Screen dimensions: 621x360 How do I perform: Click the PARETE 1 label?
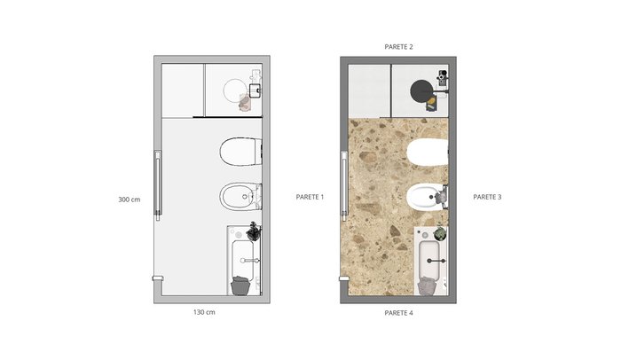point(310,197)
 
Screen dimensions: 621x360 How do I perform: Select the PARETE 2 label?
point(398,47)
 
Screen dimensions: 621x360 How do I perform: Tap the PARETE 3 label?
point(487,197)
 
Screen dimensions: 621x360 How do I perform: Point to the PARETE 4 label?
point(398,313)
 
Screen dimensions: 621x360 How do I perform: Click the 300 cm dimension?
point(130,200)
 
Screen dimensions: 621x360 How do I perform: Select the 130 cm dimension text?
point(204,312)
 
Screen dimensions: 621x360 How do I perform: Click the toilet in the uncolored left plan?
point(240,152)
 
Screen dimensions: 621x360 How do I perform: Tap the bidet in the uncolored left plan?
point(240,197)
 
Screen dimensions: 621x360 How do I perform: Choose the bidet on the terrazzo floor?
point(428,197)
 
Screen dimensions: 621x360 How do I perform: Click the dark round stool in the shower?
point(421,91)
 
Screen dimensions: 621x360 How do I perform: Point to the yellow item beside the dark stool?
point(431,104)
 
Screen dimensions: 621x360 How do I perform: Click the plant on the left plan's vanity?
point(253,232)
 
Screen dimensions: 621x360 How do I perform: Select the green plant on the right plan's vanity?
point(439,233)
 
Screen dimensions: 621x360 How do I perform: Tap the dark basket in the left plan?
point(240,286)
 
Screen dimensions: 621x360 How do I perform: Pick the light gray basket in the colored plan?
point(427,286)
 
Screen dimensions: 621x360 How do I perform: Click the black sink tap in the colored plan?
point(436,261)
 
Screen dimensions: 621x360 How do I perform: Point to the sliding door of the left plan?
point(158,185)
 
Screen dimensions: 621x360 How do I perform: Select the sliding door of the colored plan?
point(344,185)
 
